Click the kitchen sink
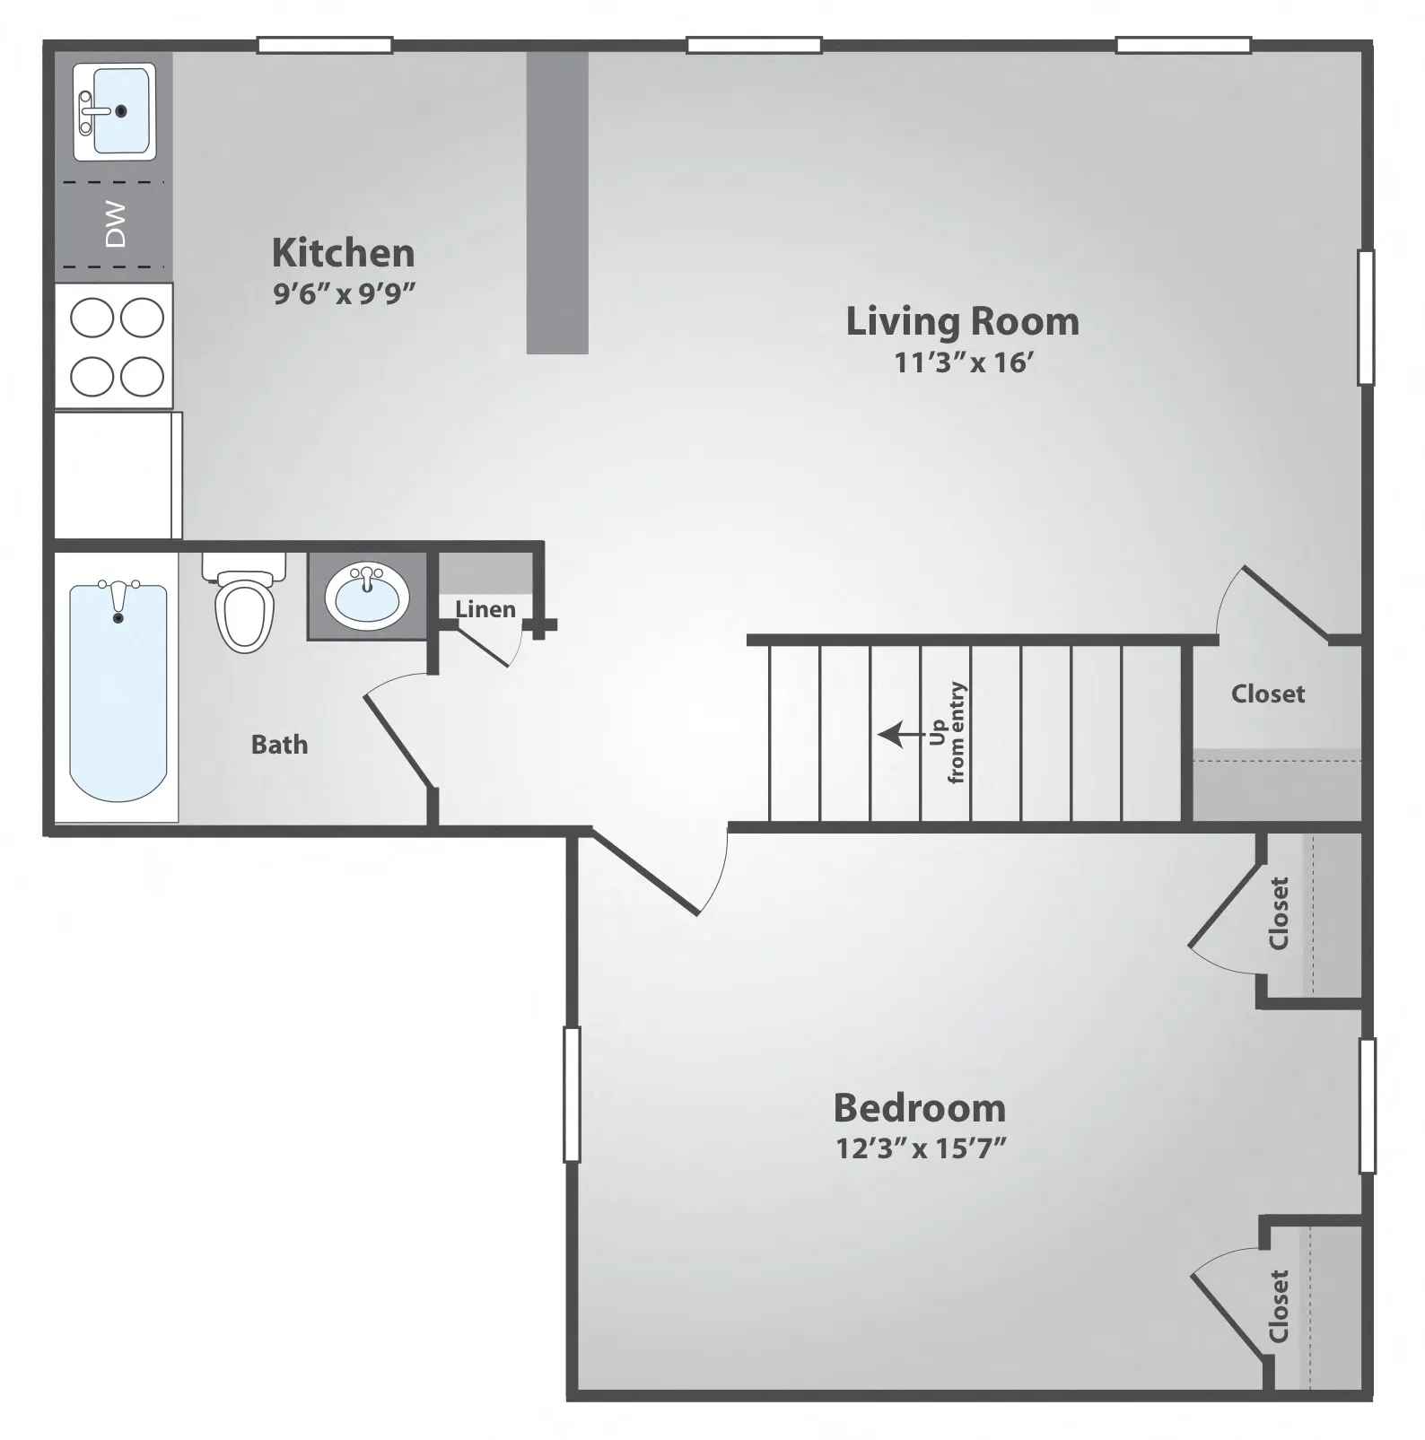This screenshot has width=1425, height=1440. click(x=114, y=111)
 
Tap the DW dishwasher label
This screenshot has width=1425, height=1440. click(x=116, y=224)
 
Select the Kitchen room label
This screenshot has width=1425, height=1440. click(x=344, y=253)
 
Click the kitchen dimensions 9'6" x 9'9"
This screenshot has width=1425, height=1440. click(x=345, y=292)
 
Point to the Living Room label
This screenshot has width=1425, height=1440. click(x=963, y=321)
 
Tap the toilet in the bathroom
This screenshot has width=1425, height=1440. click(x=244, y=602)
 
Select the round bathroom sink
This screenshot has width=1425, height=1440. click(x=367, y=596)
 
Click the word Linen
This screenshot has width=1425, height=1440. click(x=485, y=609)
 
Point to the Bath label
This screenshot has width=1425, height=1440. click(x=279, y=745)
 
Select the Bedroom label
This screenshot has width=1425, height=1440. click(x=920, y=1108)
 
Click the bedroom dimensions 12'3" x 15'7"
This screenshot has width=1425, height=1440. click(x=921, y=1148)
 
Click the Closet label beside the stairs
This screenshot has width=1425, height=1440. click(x=1268, y=694)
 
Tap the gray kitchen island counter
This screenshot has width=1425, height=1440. click(x=557, y=203)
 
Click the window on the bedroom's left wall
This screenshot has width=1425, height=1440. click(x=572, y=1095)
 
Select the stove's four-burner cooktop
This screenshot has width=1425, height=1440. click(x=114, y=346)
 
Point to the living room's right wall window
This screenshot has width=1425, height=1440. click(x=1366, y=318)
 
